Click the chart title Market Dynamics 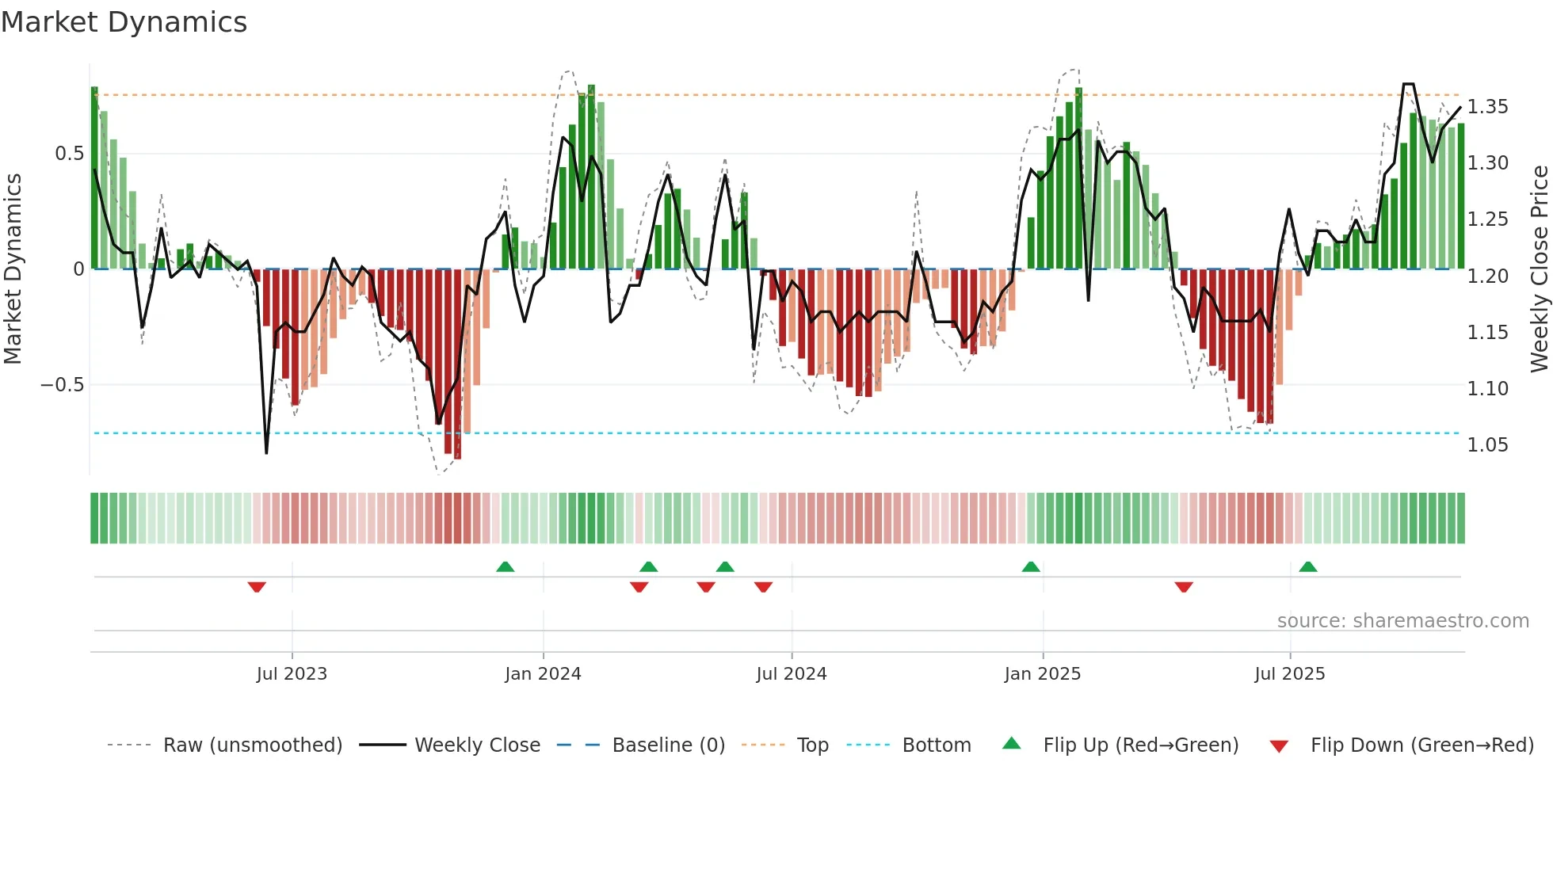[x=124, y=22]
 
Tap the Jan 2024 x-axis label [x=543, y=674]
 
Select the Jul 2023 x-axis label [x=292, y=674]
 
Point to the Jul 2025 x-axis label [x=1289, y=674]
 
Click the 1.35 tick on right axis [x=1487, y=107]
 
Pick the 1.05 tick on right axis [x=1487, y=445]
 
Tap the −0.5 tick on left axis [x=62, y=385]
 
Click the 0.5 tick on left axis [x=69, y=154]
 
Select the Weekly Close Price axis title [x=1539, y=269]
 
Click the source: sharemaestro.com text [x=1402, y=621]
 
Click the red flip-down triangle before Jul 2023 [x=257, y=587]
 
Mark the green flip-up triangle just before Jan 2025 [x=1030, y=566]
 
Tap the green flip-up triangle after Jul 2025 [x=1308, y=566]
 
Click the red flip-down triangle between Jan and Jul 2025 [x=1184, y=587]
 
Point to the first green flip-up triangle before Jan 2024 [x=505, y=566]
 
